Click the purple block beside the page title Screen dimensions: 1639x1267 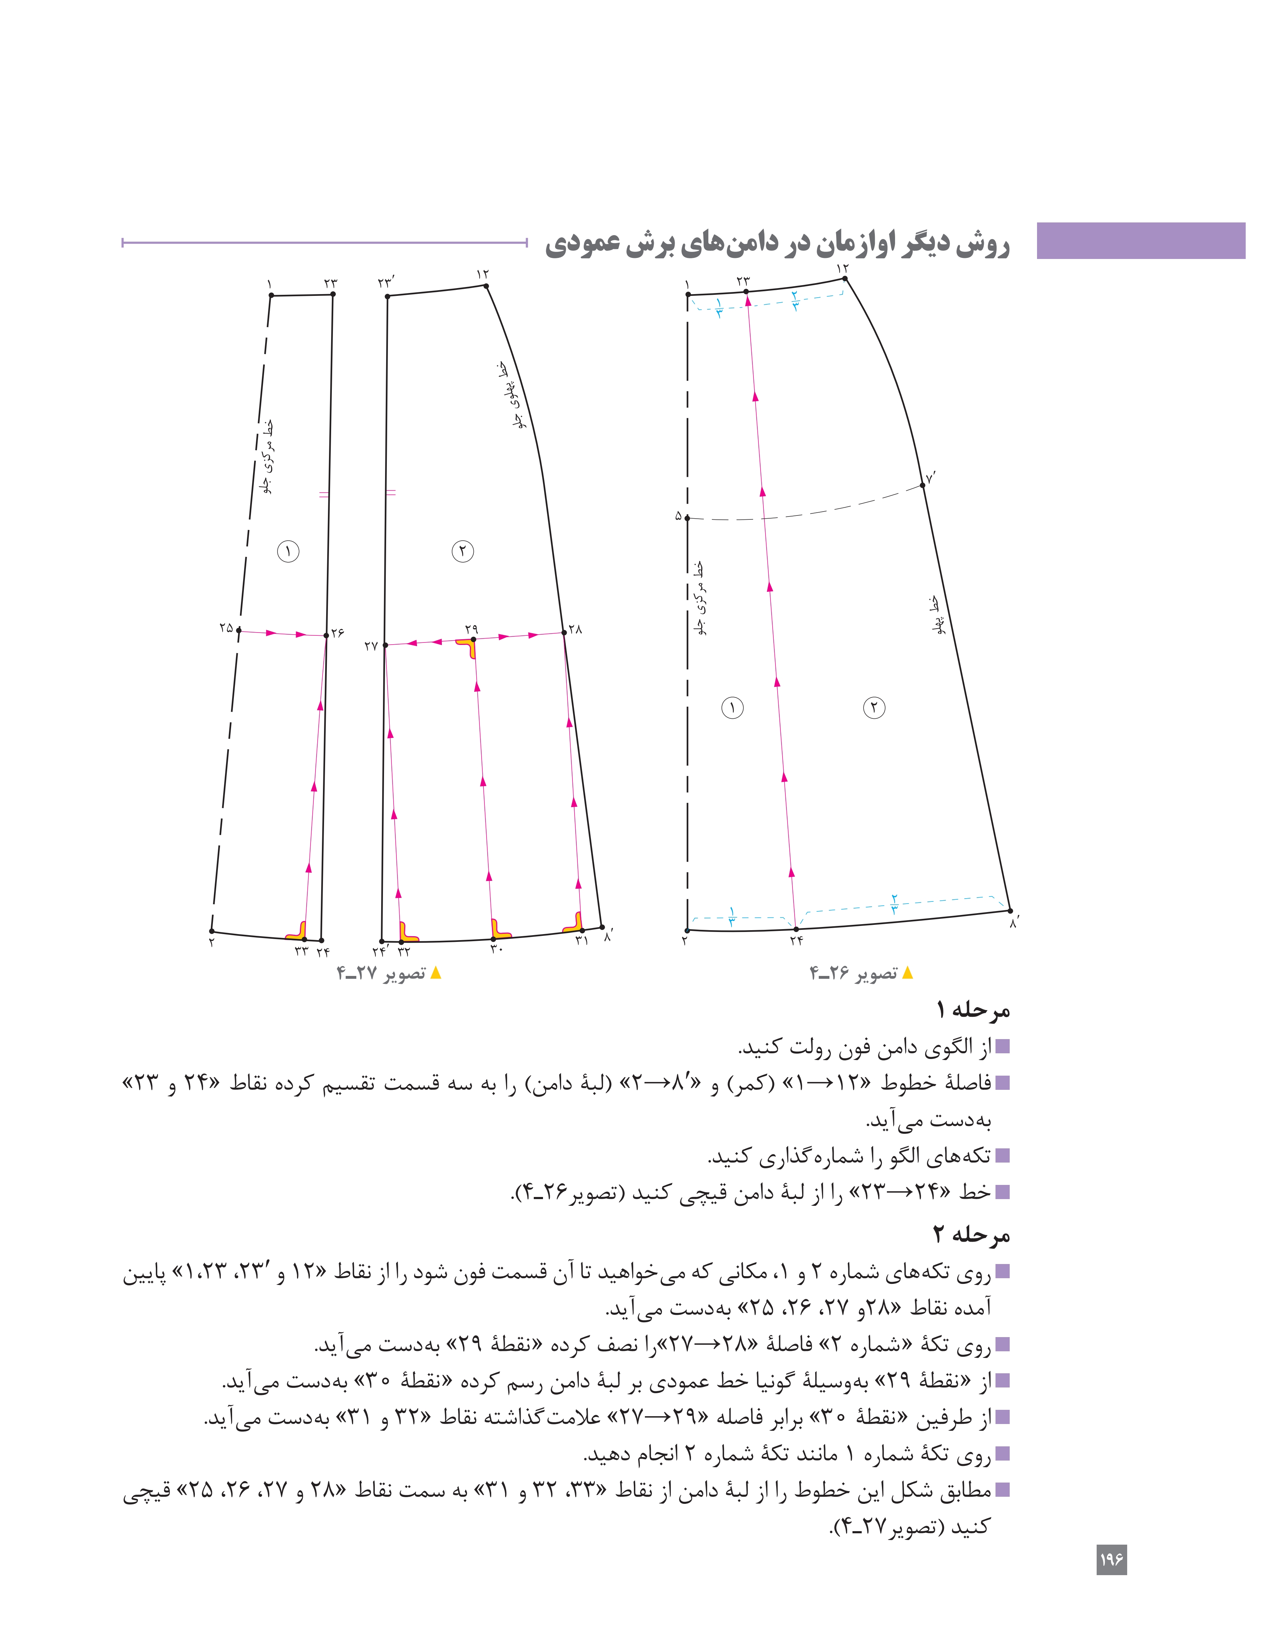[x=1140, y=241]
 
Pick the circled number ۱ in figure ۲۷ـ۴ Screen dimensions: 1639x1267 [x=288, y=552]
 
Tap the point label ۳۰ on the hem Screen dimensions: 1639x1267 [x=496, y=949]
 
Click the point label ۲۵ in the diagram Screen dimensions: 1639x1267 [x=226, y=627]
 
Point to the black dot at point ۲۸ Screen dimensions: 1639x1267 [x=564, y=633]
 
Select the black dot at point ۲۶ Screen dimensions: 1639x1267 [x=327, y=636]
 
